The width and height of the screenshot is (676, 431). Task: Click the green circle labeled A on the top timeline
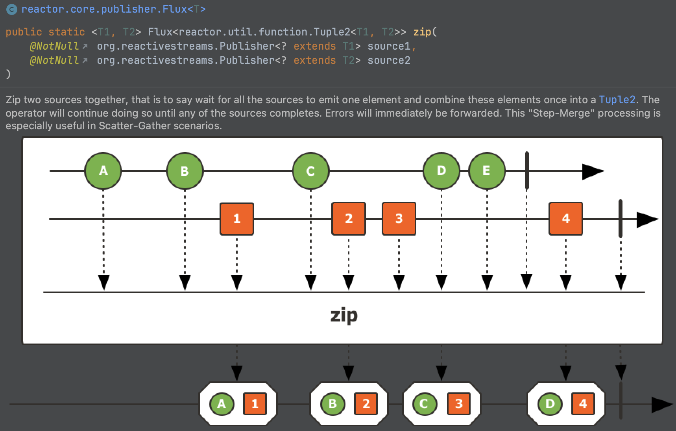click(x=103, y=171)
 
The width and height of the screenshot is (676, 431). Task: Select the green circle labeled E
click(x=487, y=171)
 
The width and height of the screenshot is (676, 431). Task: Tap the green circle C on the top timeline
click(x=310, y=171)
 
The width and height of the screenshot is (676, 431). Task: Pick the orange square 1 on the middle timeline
click(x=236, y=219)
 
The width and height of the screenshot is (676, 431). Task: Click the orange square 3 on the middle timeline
click(x=399, y=219)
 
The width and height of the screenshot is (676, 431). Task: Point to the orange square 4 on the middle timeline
click(x=565, y=219)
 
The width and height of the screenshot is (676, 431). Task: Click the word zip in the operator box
click(x=344, y=316)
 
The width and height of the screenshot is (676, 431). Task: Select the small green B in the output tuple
click(x=332, y=404)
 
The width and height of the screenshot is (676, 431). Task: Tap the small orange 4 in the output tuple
click(x=583, y=404)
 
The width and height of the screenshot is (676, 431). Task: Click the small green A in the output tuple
click(x=222, y=404)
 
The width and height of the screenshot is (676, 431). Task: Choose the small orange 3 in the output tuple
click(x=458, y=404)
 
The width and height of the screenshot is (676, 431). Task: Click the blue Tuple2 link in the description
click(x=617, y=100)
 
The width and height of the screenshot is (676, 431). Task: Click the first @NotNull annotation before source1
click(x=54, y=46)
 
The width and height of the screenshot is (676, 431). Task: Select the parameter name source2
click(x=389, y=60)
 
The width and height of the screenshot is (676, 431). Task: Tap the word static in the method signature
click(x=66, y=32)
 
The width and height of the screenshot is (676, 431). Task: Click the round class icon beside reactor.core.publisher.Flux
click(x=12, y=9)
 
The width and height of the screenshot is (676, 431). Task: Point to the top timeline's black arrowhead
click(x=592, y=171)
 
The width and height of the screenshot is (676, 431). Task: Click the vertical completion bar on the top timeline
click(x=526, y=171)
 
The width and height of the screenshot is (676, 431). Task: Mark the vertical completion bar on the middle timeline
click(x=621, y=219)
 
